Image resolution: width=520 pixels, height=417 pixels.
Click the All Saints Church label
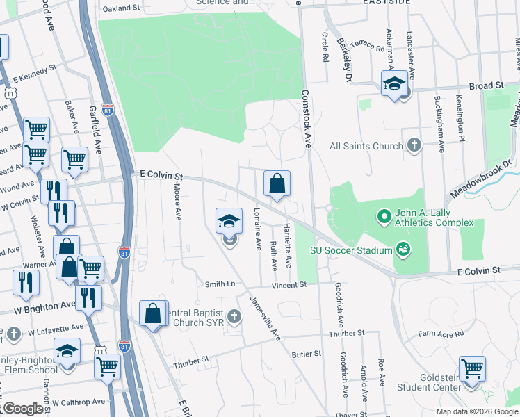coord(366,146)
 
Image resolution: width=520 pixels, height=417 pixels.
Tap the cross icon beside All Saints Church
coord(414,145)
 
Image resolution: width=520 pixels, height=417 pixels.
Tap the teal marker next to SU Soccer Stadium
coord(403,249)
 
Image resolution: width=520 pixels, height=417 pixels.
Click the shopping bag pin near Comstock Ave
coord(277,184)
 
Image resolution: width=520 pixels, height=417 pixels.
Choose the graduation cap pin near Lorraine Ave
coord(229,222)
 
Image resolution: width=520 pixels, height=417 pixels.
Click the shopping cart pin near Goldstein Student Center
coord(472,369)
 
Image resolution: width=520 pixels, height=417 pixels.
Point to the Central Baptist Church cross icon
coord(234,317)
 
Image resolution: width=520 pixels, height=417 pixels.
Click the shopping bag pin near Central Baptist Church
coord(153,313)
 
